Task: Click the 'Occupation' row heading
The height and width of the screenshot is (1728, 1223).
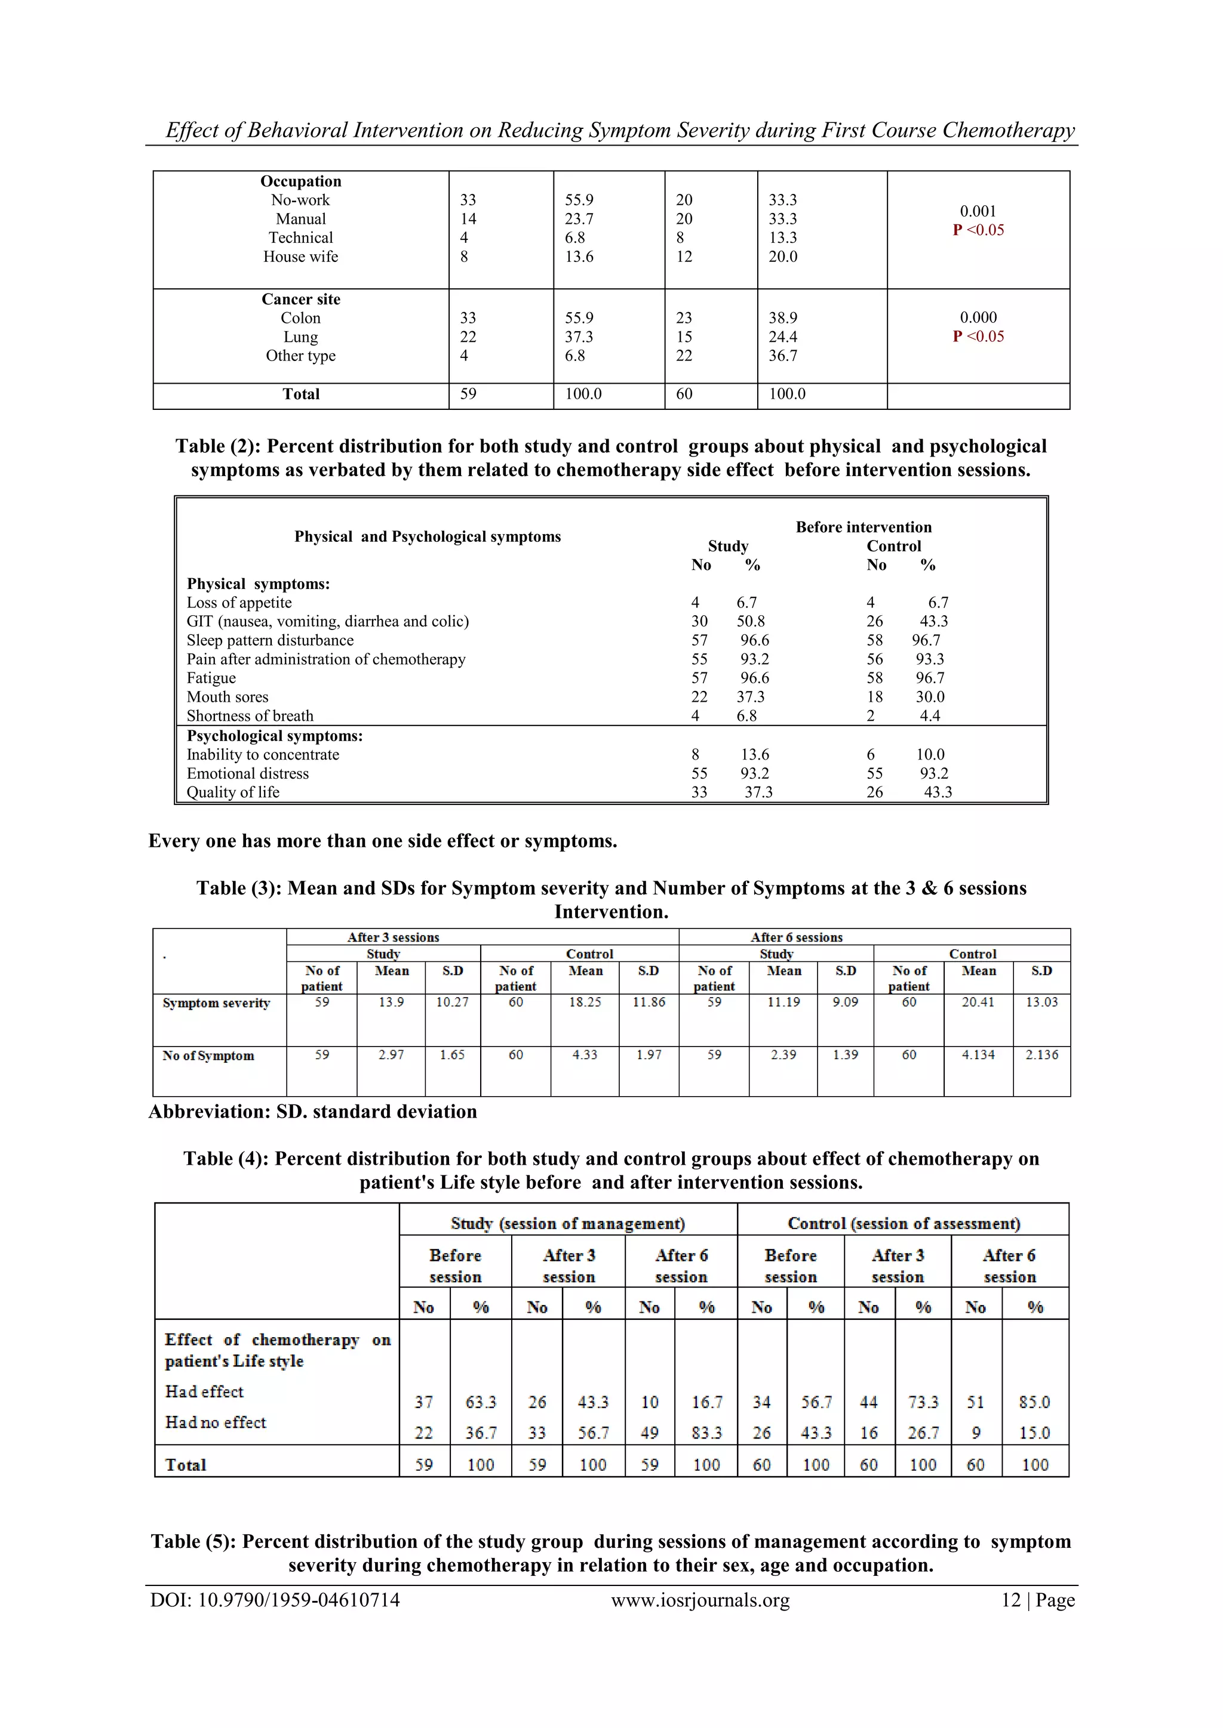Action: tap(300, 181)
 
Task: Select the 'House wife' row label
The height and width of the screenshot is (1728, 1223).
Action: tap(300, 257)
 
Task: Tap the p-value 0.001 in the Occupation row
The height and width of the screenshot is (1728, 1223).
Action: tap(978, 211)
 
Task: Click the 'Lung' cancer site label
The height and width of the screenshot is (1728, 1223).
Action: tap(300, 337)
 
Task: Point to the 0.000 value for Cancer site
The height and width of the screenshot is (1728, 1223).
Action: tap(978, 317)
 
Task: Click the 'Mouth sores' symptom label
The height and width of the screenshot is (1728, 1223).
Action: tap(228, 697)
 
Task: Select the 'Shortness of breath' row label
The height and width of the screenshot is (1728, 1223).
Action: tap(250, 716)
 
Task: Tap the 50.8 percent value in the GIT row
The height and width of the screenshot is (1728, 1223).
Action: tap(750, 622)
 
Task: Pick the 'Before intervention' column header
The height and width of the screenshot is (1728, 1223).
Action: tap(863, 527)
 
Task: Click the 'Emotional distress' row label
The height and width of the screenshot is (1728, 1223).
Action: tap(248, 774)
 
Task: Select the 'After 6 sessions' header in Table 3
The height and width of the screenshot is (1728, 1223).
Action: tap(796, 937)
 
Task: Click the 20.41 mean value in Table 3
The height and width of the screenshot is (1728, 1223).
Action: tap(978, 1002)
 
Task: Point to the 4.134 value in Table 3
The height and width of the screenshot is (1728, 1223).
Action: tap(978, 1055)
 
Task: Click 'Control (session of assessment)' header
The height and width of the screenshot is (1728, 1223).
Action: tap(904, 1223)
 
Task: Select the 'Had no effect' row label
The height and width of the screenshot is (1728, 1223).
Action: tap(216, 1422)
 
